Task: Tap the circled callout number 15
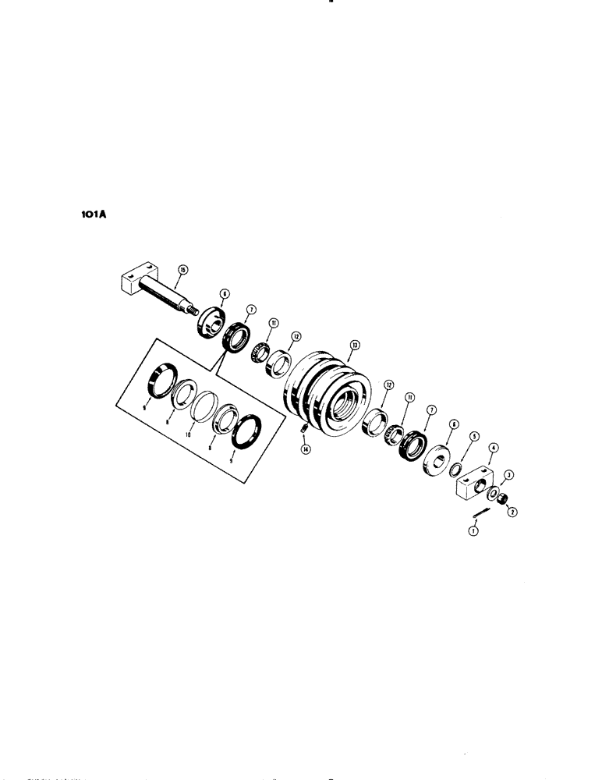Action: [x=182, y=270]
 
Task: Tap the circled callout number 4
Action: [x=493, y=448]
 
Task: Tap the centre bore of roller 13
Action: [x=343, y=409]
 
